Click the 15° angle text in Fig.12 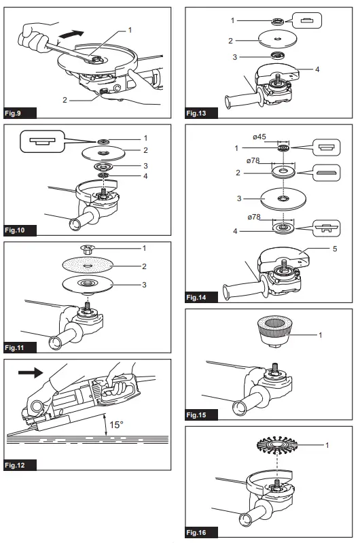[x=116, y=425]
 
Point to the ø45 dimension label [x=259, y=137]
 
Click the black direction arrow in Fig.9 [x=71, y=34]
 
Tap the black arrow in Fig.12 [x=31, y=372]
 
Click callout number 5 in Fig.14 [x=335, y=249]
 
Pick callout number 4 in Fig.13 [x=317, y=69]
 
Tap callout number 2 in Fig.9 [x=65, y=100]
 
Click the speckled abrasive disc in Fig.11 [x=88, y=266]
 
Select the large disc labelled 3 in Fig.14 [x=283, y=198]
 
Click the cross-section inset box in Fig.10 [x=42, y=141]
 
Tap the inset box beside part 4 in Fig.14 [x=327, y=228]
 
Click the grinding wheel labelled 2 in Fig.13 [x=278, y=39]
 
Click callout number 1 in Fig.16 [x=327, y=445]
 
